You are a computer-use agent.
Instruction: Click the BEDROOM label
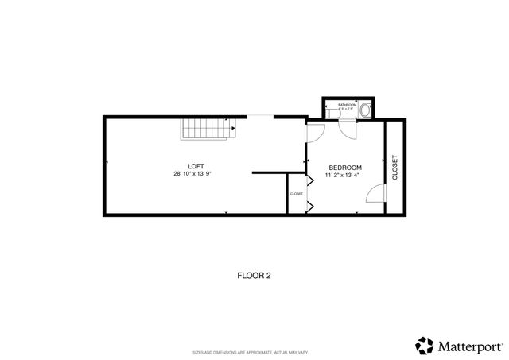[345, 167]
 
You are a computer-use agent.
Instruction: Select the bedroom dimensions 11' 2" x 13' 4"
[345, 175]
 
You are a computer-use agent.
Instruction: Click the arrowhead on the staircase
[232, 127]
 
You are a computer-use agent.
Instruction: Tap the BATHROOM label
[347, 105]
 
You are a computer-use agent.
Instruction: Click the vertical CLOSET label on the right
[394, 167]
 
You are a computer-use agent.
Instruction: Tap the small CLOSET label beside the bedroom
[296, 194]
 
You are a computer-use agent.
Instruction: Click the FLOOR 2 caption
[254, 276]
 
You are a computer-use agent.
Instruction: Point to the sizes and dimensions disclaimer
[254, 351]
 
